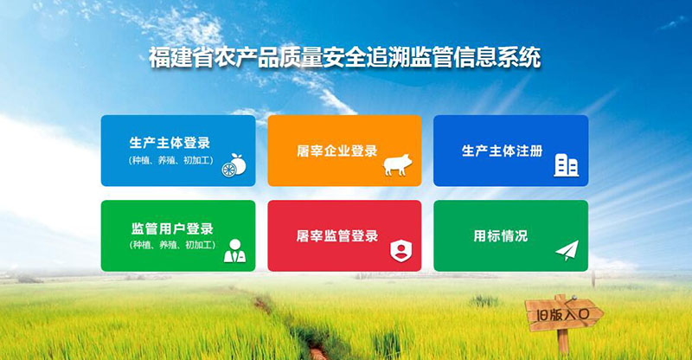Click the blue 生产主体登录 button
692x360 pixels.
tap(178, 151)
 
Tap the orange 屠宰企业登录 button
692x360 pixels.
tap(344, 151)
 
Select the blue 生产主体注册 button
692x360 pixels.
tap(510, 151)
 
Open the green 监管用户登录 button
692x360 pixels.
tap(178, 235)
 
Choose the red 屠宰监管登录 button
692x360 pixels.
tap(344, 235)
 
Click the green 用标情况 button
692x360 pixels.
tap(510, 235)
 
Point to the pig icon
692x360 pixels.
tap(399, 165)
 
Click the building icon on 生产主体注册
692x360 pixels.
tap(566, 164)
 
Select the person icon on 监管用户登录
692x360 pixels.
tap(234, 250)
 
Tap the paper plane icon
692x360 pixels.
tap(566, 250)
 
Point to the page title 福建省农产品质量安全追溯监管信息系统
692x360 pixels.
tap(344, 59)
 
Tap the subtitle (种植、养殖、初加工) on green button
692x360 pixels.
tap(170, 245)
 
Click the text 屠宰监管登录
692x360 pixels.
tap(337, 235)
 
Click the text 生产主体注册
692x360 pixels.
tap(503, 151)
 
